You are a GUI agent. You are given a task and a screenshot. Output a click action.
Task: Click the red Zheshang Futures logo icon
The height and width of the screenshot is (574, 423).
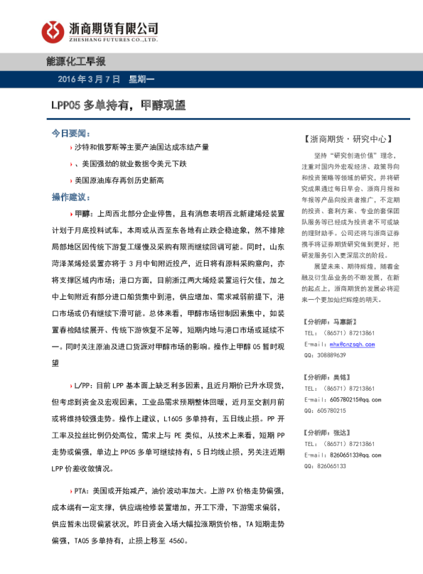pos(51,31)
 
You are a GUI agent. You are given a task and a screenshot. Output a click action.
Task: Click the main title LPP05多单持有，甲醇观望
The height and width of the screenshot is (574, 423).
pos(118,106)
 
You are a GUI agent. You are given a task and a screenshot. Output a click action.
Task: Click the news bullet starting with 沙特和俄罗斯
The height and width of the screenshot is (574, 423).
pos(142,147)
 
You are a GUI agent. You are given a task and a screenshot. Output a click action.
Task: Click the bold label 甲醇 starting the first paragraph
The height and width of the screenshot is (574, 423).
pos(83,212)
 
